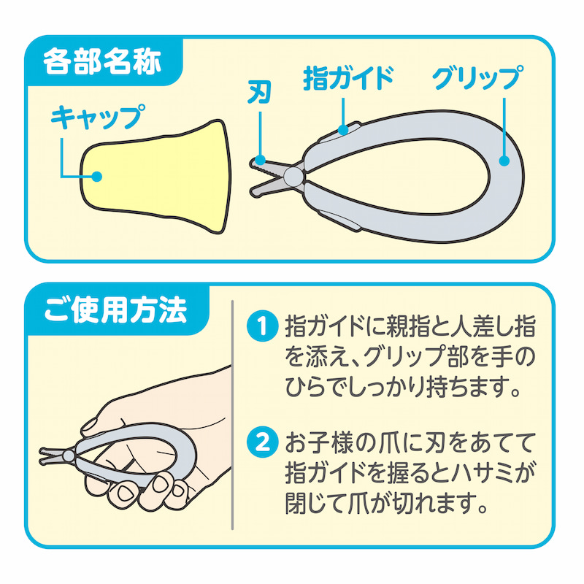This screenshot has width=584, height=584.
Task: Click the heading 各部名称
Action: click(x=102, y=61)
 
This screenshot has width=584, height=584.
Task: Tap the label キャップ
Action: click(x=98, y=116)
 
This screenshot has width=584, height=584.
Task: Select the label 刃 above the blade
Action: click(x=259, y=93)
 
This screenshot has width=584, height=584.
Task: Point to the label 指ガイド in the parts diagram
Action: click(x=348, y=78)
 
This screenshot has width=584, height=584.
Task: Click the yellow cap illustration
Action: click(x=155, y=177)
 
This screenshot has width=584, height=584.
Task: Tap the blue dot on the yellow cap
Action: click(x=97, y=176)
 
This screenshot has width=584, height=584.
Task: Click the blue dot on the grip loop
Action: click(x=504, y=161)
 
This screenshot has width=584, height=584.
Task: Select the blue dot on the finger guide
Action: click(x=343, y=129)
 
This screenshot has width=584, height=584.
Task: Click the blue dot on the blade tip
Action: click(x=260, y=161)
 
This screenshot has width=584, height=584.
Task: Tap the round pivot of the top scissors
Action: click(x=293, y=176)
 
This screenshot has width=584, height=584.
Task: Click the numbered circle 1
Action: click(x=263, y=326)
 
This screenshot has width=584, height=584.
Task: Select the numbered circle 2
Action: click(x=263, y=442)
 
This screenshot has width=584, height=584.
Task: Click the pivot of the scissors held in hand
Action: click(x=68, y=456)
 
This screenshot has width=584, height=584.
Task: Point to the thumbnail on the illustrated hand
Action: click(x=91, y=424)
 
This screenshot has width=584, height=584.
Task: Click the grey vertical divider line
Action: click(x=232, y=415)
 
